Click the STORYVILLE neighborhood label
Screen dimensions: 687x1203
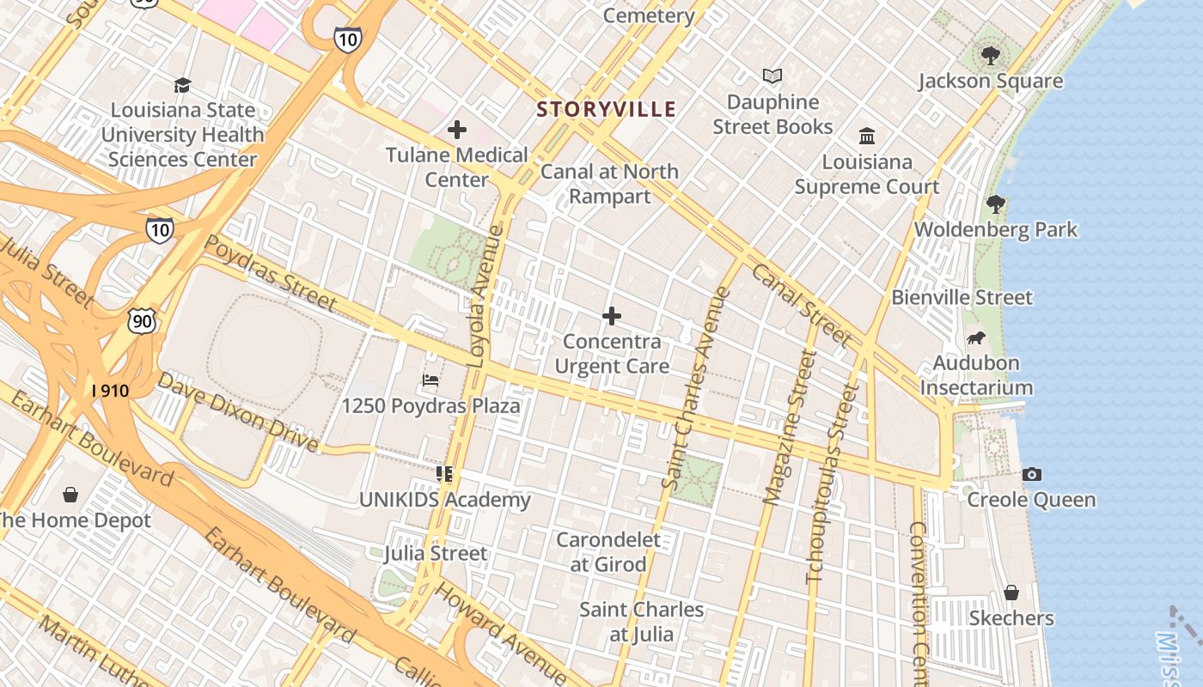(x=607, y=109)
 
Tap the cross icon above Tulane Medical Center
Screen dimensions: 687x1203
(x=457, y=130)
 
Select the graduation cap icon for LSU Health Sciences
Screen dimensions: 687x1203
(x=182, y=85)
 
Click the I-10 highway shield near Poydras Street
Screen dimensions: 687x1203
(x=159, y=228)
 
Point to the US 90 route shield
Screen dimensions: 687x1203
(x=142, y=320)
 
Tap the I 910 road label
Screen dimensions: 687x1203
(x=110, y=391)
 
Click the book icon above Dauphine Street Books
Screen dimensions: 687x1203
(x=772, y=76)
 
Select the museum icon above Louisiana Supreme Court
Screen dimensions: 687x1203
(x=867, y=137)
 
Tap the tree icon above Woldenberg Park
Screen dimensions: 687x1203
(x=995, y=204)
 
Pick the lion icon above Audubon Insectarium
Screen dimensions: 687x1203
(x=975, y=337)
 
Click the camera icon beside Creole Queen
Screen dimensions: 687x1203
(x=1032, y=474)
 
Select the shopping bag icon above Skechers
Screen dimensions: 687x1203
(x=1011, y=593)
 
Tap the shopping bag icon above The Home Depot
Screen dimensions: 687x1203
(x=70, y=495)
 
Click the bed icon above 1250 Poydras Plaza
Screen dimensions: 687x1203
(x=431, y=380)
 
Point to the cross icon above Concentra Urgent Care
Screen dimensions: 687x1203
(x=612, y=316)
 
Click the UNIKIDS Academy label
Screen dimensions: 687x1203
(x=444, y=500)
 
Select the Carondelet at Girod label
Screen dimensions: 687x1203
(x=608, y=552)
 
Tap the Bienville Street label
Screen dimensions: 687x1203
(x=962, y=297)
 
